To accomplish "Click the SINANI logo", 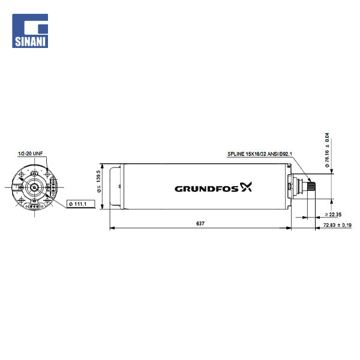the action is pos(30,31).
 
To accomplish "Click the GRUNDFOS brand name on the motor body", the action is pos(206,189).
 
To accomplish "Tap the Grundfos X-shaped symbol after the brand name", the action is pos(246,187).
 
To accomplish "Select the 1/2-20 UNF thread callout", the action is pos(31,154).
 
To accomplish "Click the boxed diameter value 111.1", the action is pos(80,204).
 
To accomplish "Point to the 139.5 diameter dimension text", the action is pos(99,181).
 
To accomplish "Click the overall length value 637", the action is pos(200,223).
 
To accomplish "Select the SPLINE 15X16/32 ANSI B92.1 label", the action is pos(260,154).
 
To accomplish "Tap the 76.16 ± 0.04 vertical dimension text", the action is pos(327,150).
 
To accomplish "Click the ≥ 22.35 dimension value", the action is pos(333,214).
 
